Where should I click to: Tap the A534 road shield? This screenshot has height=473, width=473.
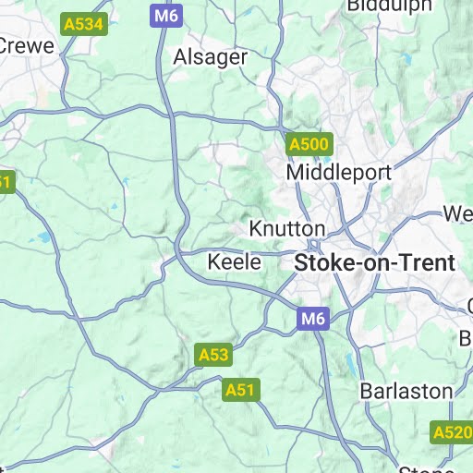[x=82, y=24]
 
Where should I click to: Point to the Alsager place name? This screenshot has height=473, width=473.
[x=211, y=57]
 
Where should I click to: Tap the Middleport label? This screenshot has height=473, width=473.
[x=339, y=173]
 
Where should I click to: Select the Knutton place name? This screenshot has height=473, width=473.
[x=287, y=228]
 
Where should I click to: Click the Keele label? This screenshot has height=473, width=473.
[x=234, y=261]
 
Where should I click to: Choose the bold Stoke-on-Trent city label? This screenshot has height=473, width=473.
[x=375, y=262]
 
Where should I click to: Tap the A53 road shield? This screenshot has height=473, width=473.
[x=213, y=354]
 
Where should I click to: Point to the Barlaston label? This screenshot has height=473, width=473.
[x=406, y=390]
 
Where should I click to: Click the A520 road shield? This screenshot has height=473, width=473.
[x=452, y=431]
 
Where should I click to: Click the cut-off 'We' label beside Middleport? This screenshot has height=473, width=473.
[x=458, y=214]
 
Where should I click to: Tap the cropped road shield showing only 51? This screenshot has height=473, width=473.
[x=5, y=182]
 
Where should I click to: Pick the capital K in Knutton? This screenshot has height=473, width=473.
[x=256, y=228]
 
